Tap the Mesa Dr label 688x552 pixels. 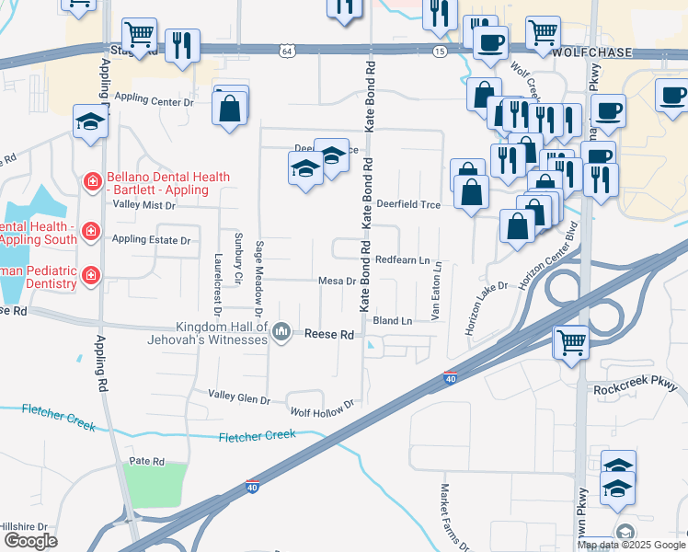[336, 281]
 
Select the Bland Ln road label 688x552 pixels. [393, 320]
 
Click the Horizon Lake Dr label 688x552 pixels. [487, 308]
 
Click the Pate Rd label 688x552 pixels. [146, 460]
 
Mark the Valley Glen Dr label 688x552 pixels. [239, 399]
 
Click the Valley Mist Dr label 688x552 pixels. [143, 204]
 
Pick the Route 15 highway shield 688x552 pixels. [440, 51]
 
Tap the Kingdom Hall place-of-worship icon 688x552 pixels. [282, 330]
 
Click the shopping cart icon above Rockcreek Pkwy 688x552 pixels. [570, 342]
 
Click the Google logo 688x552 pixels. [31, 541]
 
